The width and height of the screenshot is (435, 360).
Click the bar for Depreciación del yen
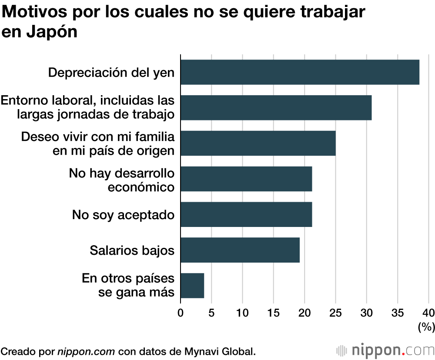pos(300,72)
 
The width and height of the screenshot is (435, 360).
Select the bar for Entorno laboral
pos(276,108)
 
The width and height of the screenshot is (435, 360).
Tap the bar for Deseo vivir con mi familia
pos(258,143)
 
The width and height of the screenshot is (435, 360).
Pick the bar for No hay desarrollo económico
pos(246,179)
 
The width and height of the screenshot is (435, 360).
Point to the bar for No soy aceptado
pos(246,214)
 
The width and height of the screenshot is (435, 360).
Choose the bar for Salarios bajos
pos(240,250)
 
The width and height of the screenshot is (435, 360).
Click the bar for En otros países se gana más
pos(192,286)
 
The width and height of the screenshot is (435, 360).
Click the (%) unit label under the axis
pos(426,327)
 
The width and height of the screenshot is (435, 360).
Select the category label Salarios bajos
pos(132,250)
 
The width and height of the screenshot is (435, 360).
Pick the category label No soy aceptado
pos(124,215)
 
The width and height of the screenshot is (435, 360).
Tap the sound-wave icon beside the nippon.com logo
pos(343,350)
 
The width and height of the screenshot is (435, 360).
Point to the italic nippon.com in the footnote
pos(87,351)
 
